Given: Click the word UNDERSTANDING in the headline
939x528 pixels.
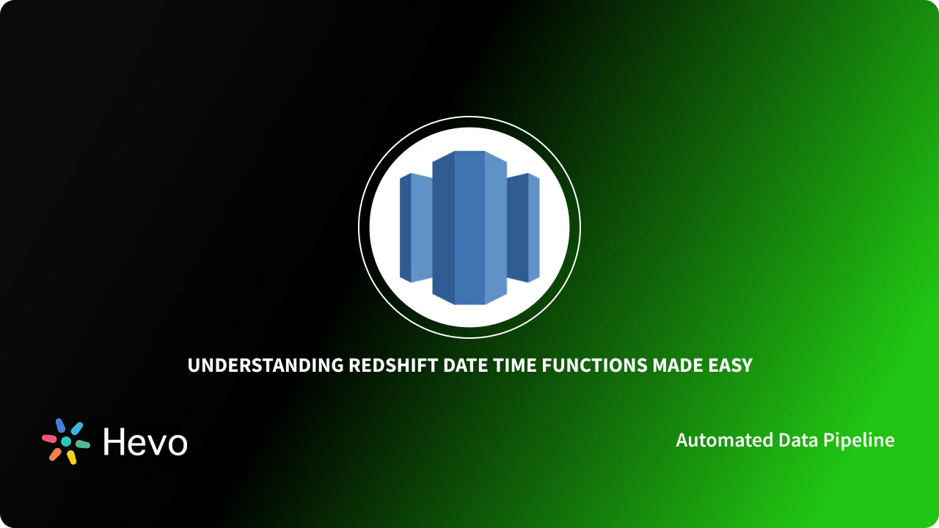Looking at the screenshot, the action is point(266,365).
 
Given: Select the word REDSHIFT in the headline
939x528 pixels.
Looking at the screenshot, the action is point(393,365).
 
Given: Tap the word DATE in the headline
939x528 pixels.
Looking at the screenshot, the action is point(465,365).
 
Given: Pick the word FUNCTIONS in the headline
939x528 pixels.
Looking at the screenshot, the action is point(594,365).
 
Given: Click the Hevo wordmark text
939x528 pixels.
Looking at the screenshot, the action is point(145,441).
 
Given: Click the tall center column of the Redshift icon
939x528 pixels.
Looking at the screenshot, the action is point(469,227).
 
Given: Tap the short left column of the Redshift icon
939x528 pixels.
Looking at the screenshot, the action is point(416,227).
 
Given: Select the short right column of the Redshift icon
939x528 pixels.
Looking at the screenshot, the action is point(523,227).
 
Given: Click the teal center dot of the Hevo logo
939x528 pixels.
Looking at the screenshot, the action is point(66,441).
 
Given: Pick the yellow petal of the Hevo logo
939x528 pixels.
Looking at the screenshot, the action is point(72,457).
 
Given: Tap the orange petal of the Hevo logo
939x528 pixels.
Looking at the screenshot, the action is point(55,454).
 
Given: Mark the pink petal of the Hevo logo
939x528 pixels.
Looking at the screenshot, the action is point(49,439).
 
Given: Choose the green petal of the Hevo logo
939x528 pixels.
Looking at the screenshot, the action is point(83,444).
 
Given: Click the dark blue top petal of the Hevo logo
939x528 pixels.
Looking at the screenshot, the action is point(60,425).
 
